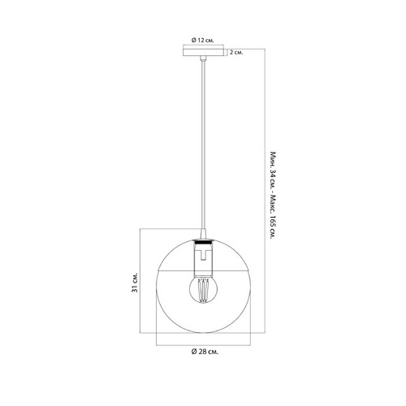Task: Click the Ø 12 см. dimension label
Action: pyautogui.click(x=203, y=41)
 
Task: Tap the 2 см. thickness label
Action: pyautogui.click(x=236, y=52)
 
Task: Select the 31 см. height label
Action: pyautogui.click(x=135, y=283)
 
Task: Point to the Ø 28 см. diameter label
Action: pyautogui.click(x=205, y=352)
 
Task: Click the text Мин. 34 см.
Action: pyautogui.click(x=273, y=171)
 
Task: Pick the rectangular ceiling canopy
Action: pyautogui.click(x=203, y=52)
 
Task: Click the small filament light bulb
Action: pyautogui.click(x=203, y=288)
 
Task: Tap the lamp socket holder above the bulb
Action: pyautogui.click(x=203, y=259)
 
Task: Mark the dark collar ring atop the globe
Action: pyautogui.click(x=203, y=240)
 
